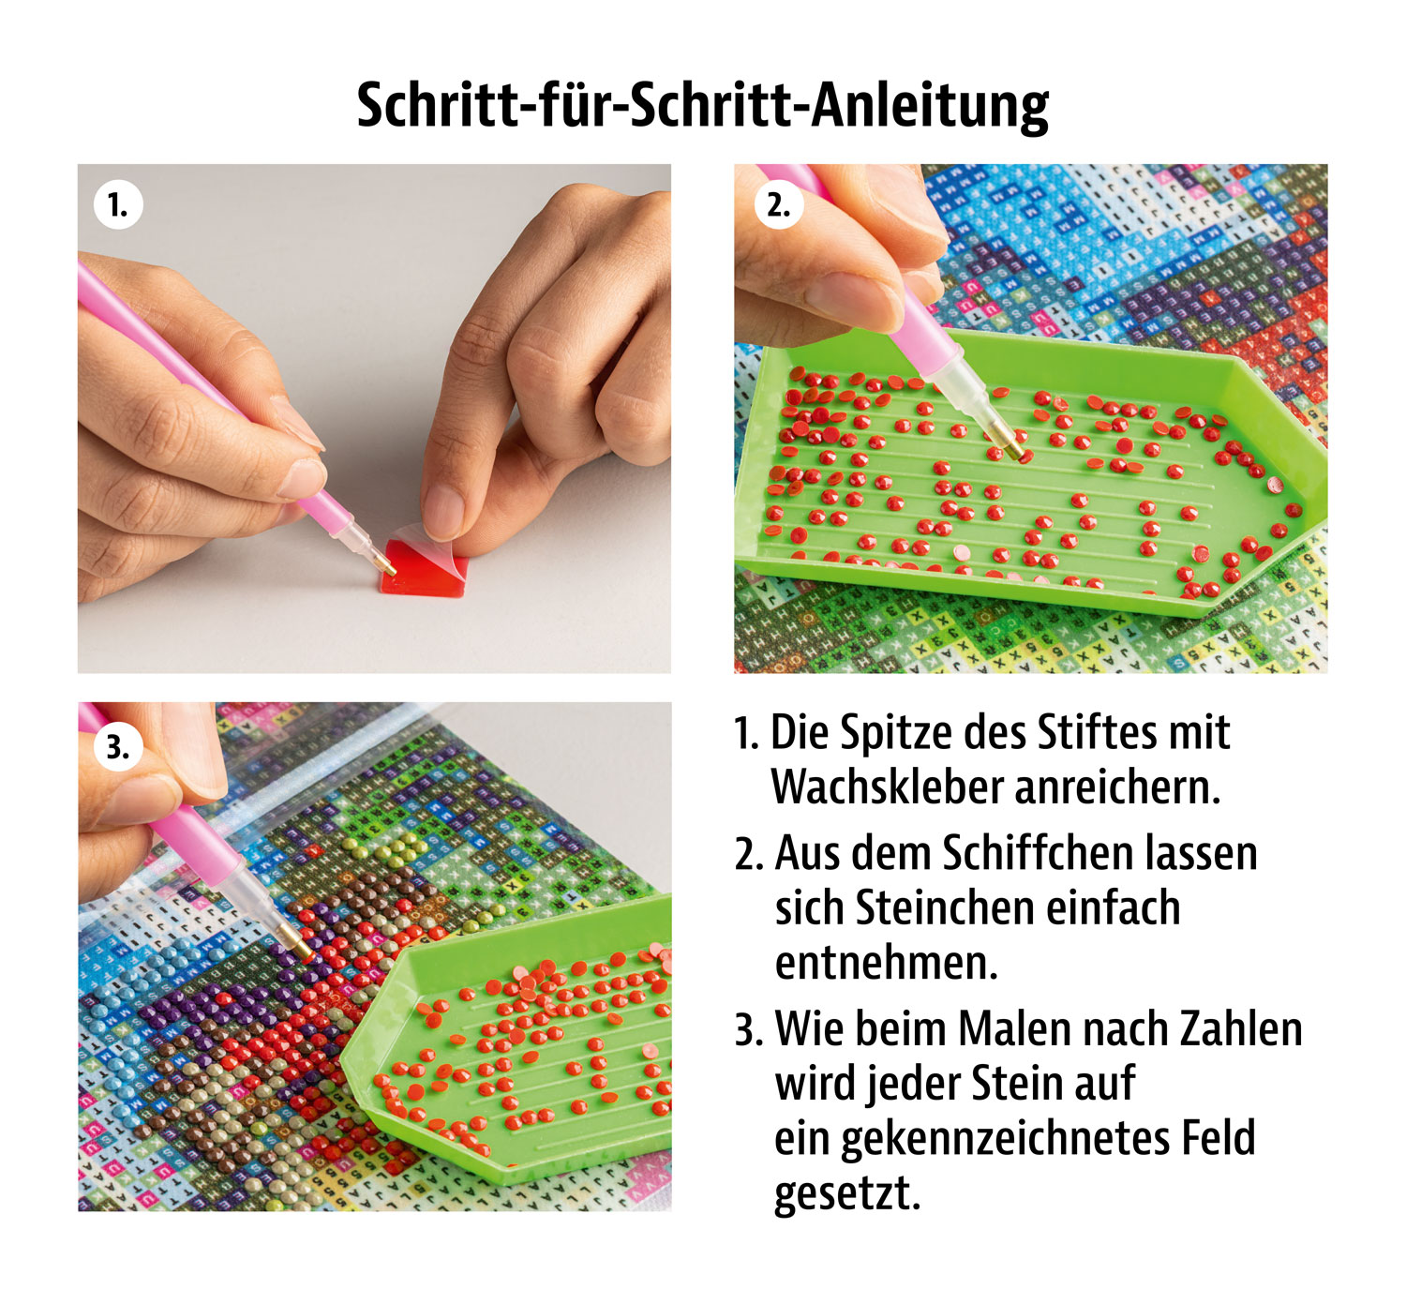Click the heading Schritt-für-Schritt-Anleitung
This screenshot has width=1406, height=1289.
pos(702,105)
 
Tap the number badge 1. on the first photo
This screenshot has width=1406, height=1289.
pos(118,204)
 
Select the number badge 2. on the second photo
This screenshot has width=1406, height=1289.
pos(778,204)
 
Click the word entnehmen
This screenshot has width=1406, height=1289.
pos(886,964)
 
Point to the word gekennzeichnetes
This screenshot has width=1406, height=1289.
pos(1003,1138)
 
